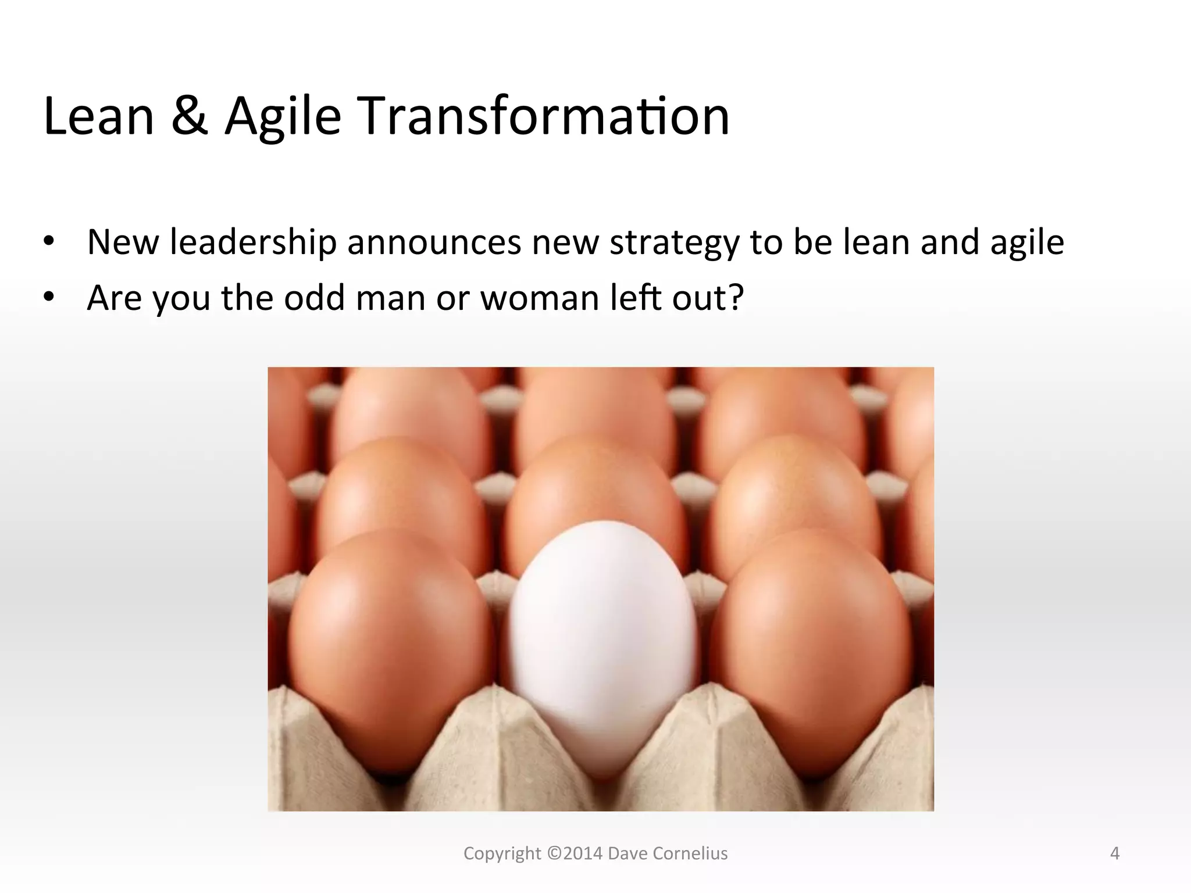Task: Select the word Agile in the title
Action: coord(283,117)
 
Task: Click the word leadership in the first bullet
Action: coord(254,242)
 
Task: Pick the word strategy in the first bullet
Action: coord(675,243)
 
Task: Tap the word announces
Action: coord(434,242)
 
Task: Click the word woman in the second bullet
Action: coord(540,298)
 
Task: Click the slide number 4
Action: coord(1114,853)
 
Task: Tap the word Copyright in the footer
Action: coord(502,853)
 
